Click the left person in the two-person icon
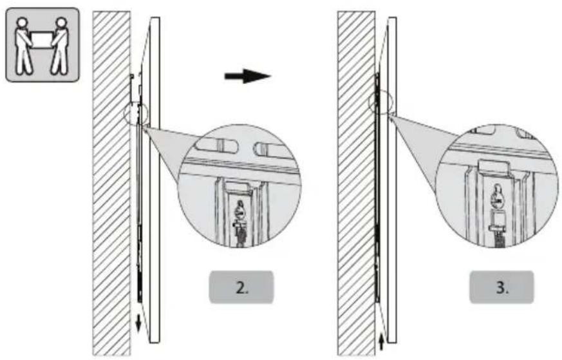(24, 44)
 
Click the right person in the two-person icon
(60, 44)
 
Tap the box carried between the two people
(42, 39)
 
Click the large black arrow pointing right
(247, 76)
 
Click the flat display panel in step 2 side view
(154, 180)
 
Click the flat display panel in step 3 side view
(391, 180)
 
